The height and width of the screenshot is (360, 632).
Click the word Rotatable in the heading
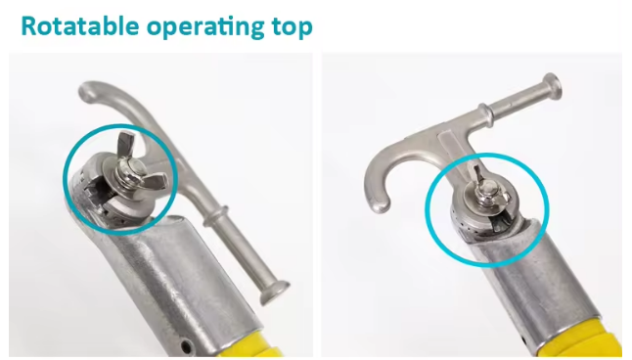click(80, 26)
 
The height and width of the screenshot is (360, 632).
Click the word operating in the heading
click(205, 28)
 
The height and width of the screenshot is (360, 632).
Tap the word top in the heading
click(293, 28)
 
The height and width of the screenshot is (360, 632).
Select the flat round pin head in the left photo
click(274, 292)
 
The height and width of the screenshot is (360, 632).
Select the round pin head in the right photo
click(553, 86)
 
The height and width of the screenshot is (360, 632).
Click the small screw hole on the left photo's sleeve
click(186, 345)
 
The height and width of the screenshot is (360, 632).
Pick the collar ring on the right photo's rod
click(486, 114)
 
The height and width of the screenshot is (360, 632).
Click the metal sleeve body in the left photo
click(177, 274)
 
